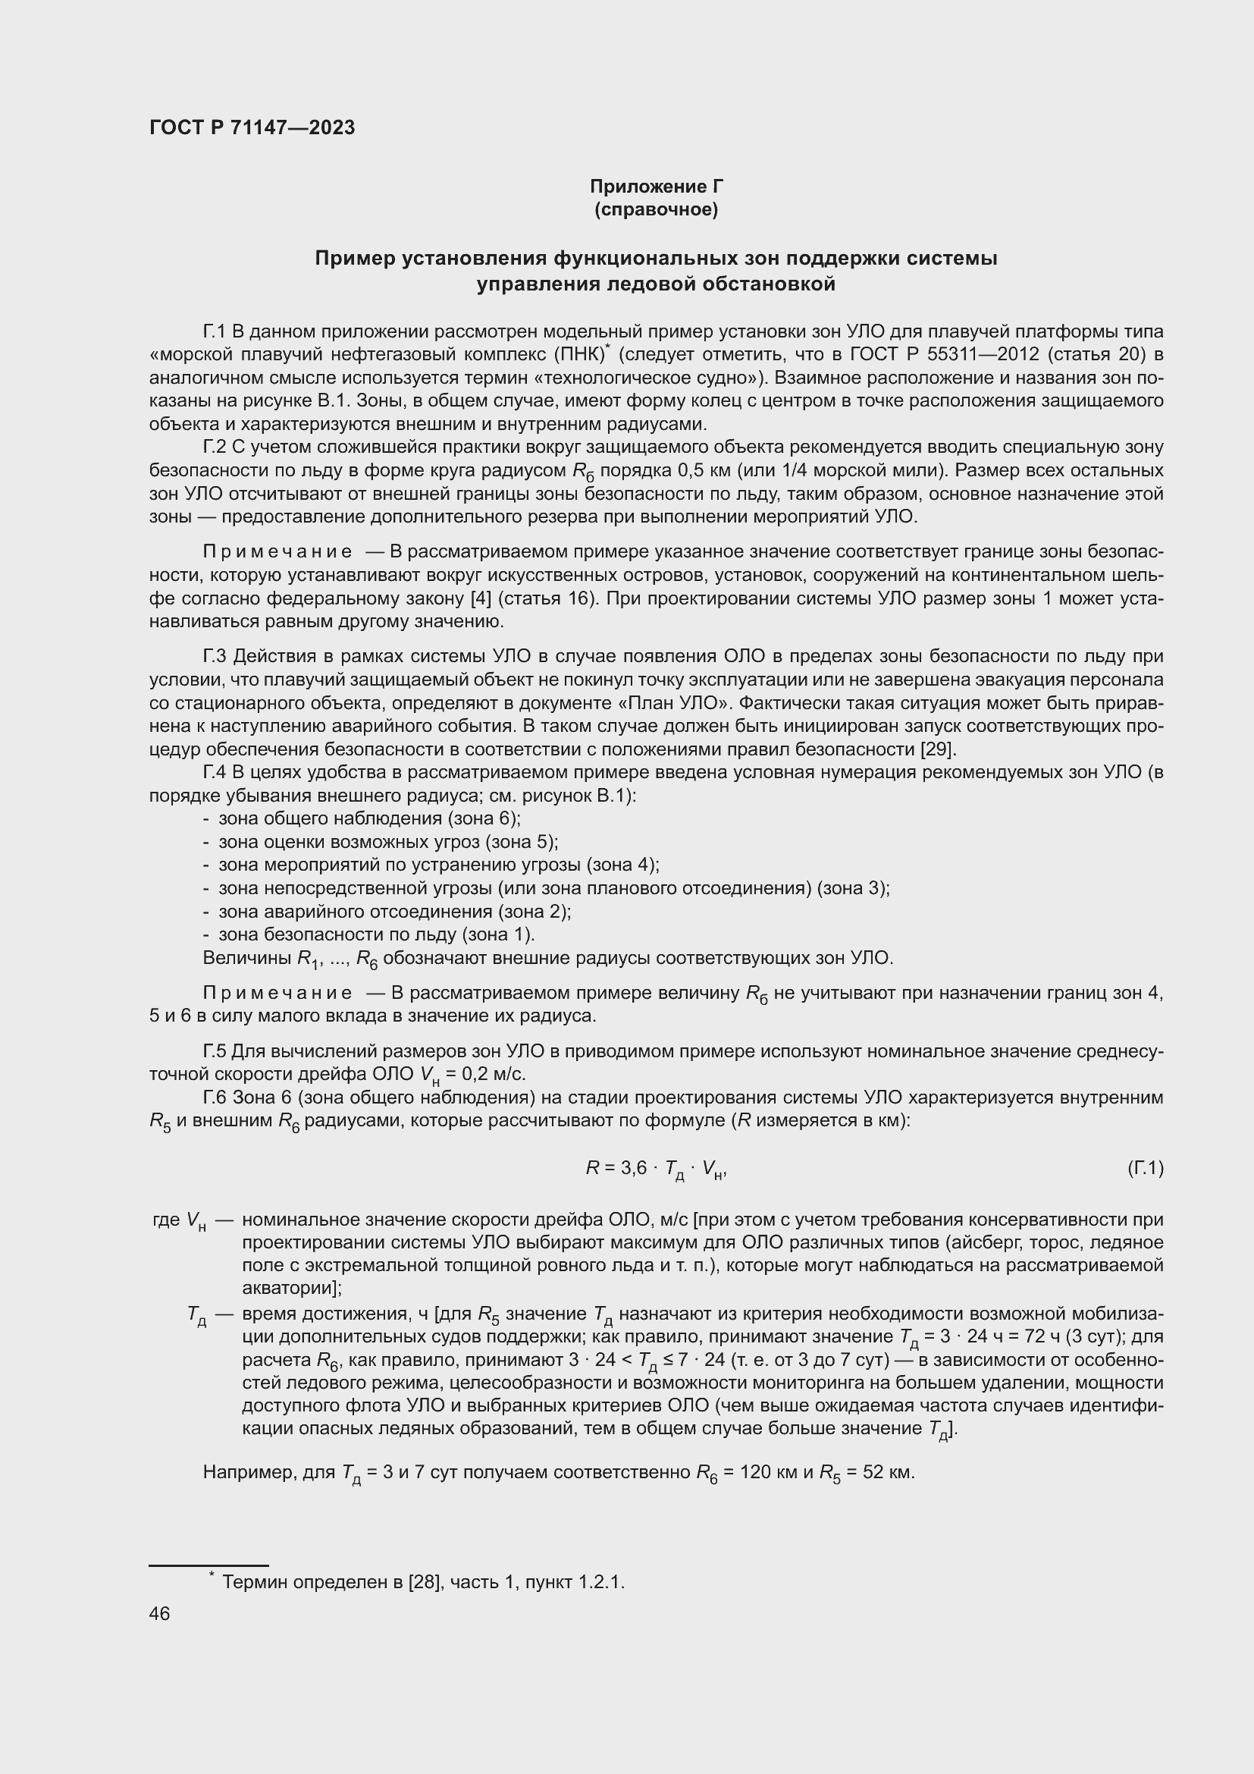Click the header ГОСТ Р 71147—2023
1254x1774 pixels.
(x=252, y=127)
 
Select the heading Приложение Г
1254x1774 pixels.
(x=656, y=187)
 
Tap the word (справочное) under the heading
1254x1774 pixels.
(x=656, y=209)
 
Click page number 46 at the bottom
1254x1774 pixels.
(x=159, y=1613)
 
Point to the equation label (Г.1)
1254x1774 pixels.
(x=1144, y=1167)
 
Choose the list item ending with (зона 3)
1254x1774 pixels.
(x=553, y=888)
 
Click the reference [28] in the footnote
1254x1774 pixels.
(x=425, y=1581)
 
